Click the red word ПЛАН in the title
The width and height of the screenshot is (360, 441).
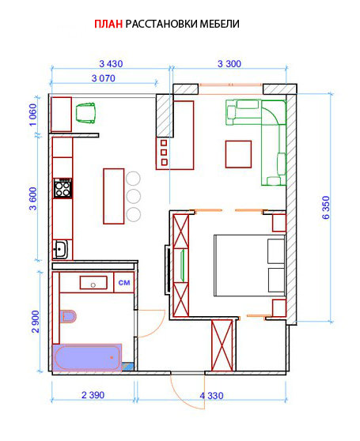click(108, 24)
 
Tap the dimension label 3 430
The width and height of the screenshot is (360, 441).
click(111, 64)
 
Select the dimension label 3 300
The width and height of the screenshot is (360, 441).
click(229, 64)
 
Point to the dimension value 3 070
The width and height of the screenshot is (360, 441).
click(104, 78)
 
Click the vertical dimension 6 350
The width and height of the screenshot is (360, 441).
click(326, 208)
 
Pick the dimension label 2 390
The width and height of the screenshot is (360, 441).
click(93, 395)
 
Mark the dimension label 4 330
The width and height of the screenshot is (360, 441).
click(212, 396)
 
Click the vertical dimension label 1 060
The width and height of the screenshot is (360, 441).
click(33, 115)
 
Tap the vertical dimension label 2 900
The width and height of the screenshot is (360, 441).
click(36, 322)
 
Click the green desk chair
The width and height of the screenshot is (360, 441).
click(85, 113)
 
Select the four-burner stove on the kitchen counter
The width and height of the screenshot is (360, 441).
click(63, 188)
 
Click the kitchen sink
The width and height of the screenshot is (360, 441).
click(60, 249)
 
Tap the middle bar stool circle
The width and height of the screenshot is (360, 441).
click(133, 196)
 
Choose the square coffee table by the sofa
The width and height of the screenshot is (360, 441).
click(238, 154)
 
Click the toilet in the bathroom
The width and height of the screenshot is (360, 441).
click(68, 316)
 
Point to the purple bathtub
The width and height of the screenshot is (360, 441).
click(87, 357)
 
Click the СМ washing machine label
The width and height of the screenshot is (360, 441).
click(124, 282)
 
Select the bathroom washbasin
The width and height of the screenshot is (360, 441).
click(93, 283)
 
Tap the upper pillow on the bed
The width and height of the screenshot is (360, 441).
click(276, 251)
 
